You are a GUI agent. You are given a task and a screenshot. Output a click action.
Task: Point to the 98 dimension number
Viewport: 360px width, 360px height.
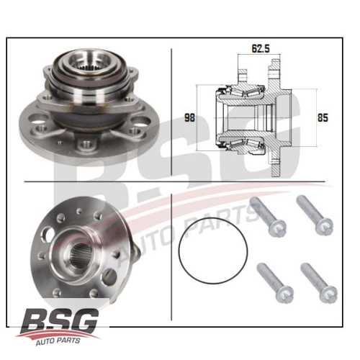(190, 117)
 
